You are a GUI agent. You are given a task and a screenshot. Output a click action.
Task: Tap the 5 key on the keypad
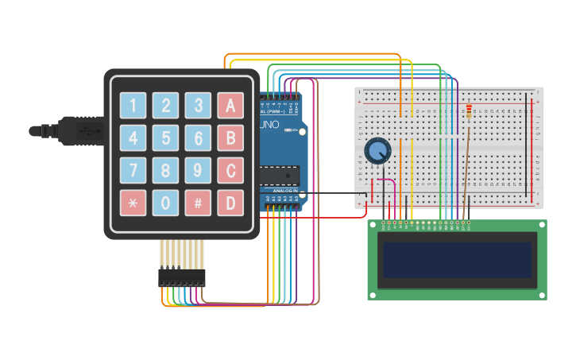pyautogui.click(x=165, y=138)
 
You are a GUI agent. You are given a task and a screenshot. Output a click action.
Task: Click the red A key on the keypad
pyautogui.click(x=230, y=106)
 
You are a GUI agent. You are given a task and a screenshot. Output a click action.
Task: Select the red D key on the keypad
pyautogui.click(x=230, y=203)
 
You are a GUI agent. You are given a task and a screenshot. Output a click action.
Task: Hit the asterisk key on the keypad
pyautogui.click(x=133, y=203)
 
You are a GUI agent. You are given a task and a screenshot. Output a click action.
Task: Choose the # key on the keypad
pyautogui.click(x=198, y=203)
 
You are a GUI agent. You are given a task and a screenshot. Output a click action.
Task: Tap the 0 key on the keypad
pyautogui.click(x=165, y=203)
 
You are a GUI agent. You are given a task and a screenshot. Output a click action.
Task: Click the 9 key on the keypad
pyautogui.click(x=198, y=170)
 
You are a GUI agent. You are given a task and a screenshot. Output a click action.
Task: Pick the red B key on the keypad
pyautogui.click(x=230, y=138)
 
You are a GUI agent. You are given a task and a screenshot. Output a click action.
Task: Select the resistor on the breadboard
pyautogui.click(x=468, y=113)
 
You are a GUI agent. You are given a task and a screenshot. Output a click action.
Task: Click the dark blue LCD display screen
pyautogui.click(x=457, y=260)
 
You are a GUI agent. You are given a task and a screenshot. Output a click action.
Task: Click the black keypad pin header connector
pyautogui.click(x=181, y=277)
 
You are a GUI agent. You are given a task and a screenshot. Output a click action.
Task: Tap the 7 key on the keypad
pyautogui.click(x=133, y=170)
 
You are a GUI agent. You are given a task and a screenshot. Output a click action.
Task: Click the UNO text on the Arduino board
pyautogui.click(x=272, y=104)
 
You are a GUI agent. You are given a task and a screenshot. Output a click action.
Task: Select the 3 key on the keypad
pyautogui.click(x=198, y=106)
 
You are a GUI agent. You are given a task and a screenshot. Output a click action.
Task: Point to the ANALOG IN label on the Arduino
pyautogui.click(x=285, y=192)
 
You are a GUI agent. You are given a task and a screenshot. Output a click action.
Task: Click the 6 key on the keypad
pyautogui.click(x=198, y=138)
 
